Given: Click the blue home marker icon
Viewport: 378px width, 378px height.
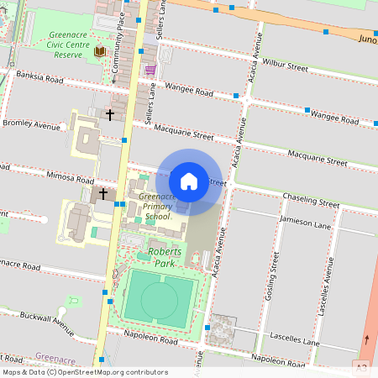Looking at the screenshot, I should [189, 181].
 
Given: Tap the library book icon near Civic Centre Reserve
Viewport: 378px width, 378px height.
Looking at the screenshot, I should [100, 52].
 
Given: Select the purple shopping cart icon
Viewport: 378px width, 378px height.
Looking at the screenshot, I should [150, 70].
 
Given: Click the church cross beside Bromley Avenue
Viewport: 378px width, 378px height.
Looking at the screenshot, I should [109, 113].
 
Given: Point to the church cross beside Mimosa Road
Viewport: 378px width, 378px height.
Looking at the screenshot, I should [103, 194].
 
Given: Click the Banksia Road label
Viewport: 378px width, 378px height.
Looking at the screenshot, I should [39, 76].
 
